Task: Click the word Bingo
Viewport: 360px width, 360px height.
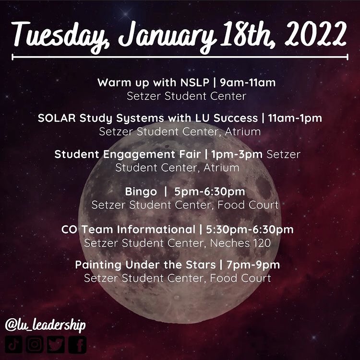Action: pyautogui.click(x=141, y=192)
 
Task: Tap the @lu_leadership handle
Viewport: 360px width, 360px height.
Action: pyautogui.click(x=45, y=325)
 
